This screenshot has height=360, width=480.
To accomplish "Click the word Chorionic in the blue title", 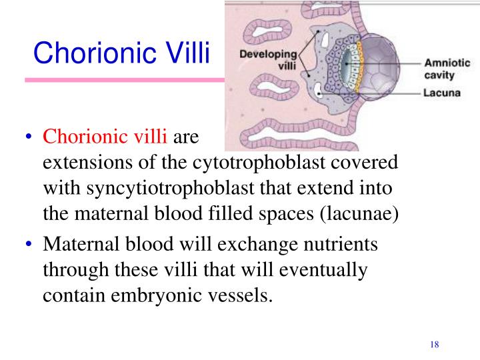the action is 95,53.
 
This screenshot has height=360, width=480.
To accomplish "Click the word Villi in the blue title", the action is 188,53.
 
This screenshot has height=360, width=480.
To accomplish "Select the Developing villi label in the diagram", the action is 269,60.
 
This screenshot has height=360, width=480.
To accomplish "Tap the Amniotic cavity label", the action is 447,69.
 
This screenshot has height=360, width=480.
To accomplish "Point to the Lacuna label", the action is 442,93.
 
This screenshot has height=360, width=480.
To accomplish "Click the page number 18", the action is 435,345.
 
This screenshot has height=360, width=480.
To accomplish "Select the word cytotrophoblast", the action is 259,162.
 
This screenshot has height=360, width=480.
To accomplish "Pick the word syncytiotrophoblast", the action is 170,188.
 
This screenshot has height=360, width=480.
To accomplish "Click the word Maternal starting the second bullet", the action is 81,244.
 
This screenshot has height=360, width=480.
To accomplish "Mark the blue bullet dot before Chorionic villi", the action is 29,136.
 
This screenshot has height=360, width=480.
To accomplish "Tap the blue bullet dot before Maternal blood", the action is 29,244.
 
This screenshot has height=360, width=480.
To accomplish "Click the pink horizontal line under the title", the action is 125,80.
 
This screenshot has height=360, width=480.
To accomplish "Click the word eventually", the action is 323,270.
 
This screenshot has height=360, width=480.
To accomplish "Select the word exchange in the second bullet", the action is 257,245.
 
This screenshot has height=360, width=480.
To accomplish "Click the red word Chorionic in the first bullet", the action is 85,136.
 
